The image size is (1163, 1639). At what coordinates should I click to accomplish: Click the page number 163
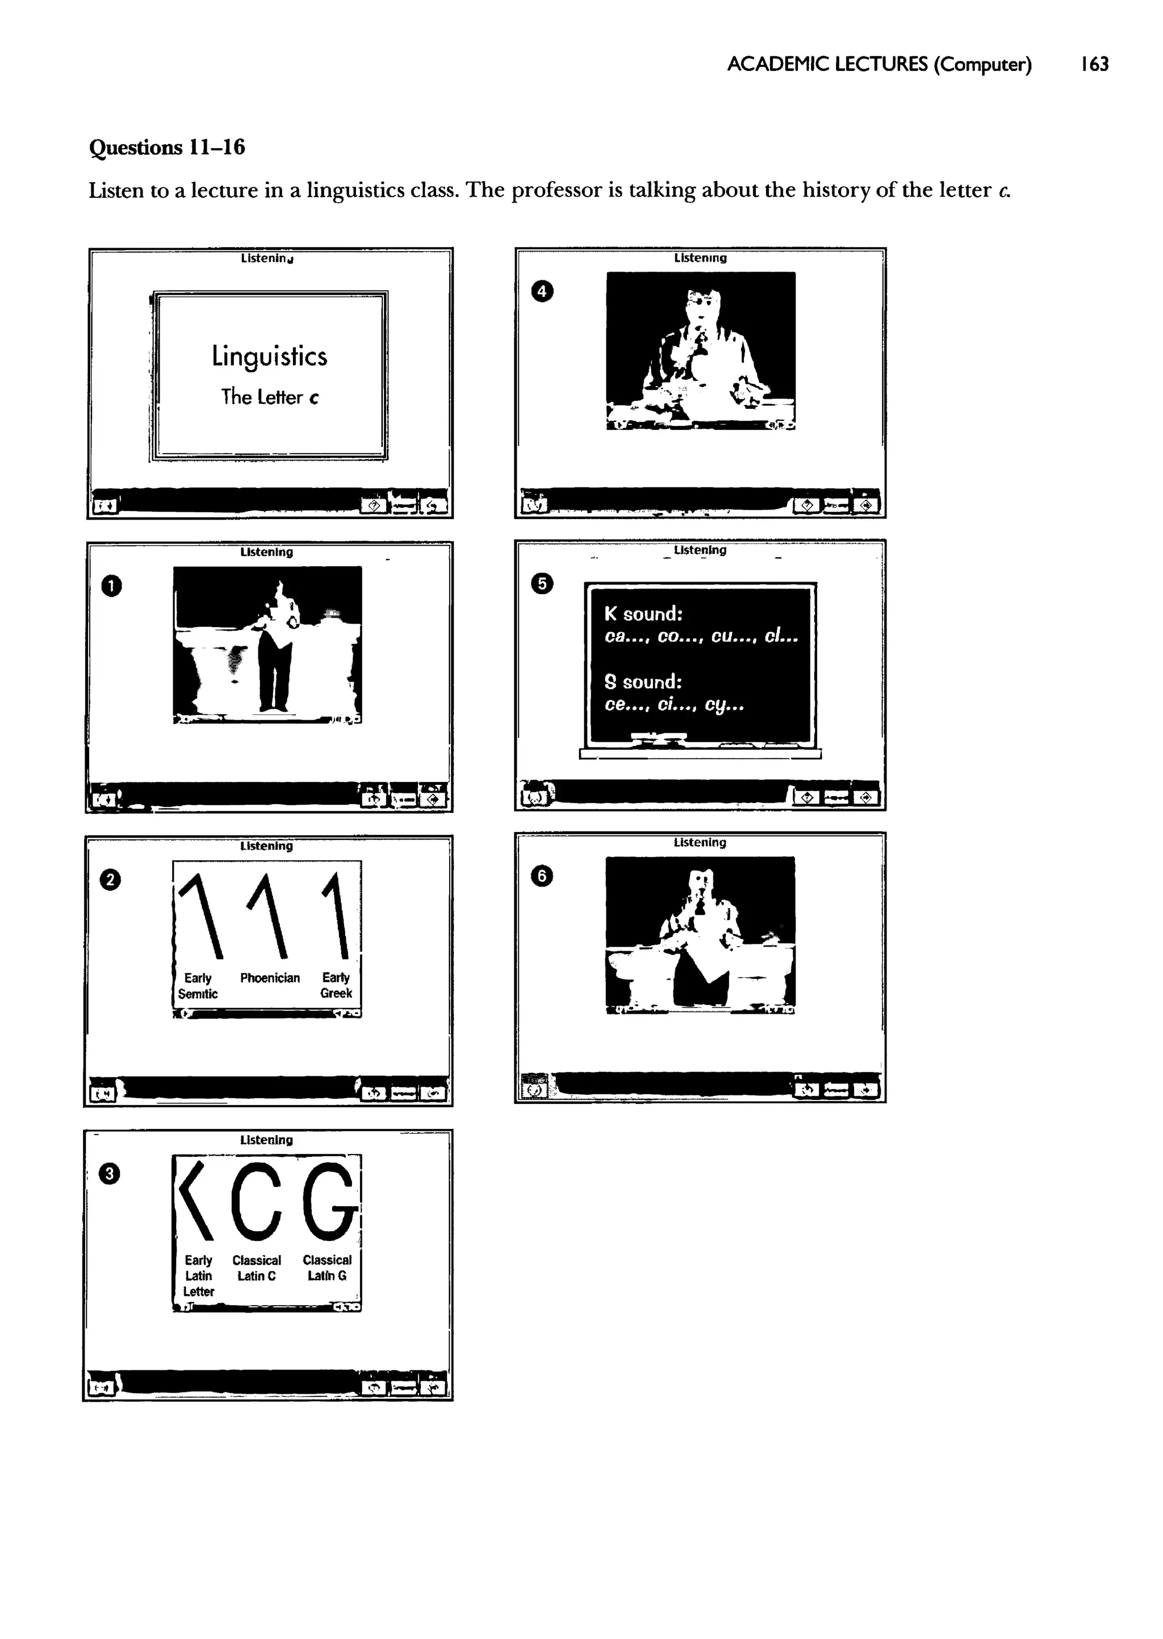1095,64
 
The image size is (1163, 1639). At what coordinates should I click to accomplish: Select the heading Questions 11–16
167,148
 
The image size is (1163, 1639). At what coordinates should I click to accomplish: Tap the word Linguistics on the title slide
269,357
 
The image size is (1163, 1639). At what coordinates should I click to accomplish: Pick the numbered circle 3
109,1173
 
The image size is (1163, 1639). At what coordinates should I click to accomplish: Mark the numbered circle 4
542,291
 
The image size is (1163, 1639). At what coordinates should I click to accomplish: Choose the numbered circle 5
542,584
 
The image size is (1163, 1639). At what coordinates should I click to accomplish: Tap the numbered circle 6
542,876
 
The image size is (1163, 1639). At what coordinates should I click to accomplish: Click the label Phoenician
270,978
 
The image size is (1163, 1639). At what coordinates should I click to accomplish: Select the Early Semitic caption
198,986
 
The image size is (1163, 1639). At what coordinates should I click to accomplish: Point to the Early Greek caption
336,985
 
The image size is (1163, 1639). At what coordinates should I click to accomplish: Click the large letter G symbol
329,1202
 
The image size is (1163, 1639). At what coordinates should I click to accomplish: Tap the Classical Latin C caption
256,1268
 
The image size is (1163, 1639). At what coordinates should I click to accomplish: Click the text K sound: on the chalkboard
643,614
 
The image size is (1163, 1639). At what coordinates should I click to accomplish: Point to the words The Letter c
270,396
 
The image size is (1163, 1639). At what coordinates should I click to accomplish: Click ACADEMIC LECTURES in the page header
827,64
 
